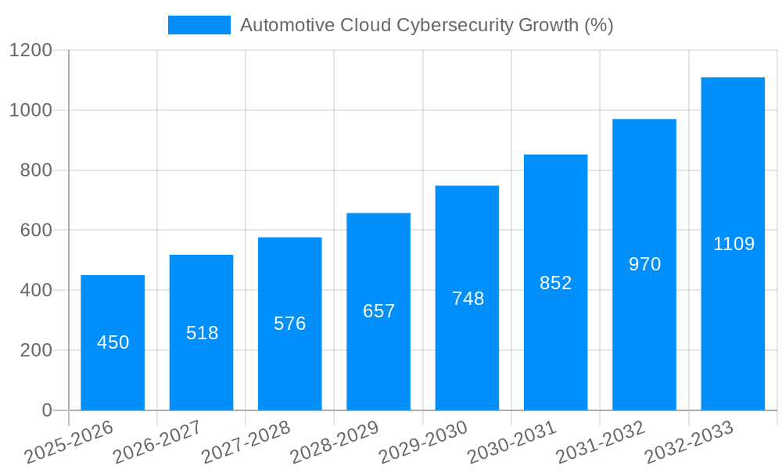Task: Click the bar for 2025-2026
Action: [x=113, y=375]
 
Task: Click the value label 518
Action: [x=202, y=333]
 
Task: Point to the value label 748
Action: [x=468, y=299]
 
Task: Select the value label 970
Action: [x=644, y=264]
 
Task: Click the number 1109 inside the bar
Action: [x=734, y=244]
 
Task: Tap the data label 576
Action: [x=289, y=324]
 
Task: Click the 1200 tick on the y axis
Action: [x=30, y=51]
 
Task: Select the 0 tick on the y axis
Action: [x=46, y=410]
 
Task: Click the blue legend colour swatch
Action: [x=199, y=25]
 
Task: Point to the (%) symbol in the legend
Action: [x=599, y=25]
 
